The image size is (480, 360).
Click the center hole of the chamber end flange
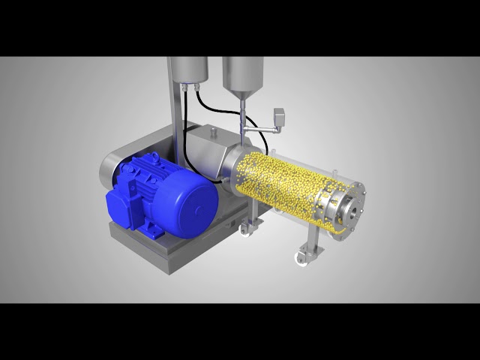(x=352, y=212)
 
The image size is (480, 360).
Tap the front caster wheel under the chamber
(x=302, y=259)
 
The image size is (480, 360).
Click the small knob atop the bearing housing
(x=213, y=133)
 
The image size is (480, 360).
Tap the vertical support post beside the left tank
(x=172, y=112)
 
